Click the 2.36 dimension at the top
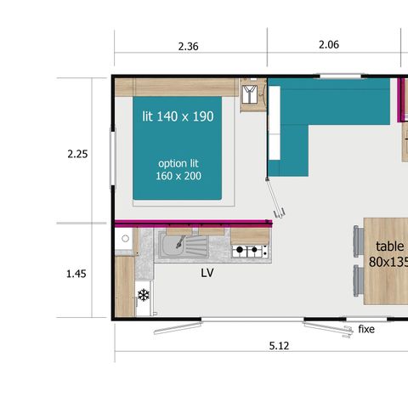click(189, 47)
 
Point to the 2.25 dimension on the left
click(77, 155)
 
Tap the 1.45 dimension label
click(77, 275)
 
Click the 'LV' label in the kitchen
click(207, 274)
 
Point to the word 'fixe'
click(366, 329)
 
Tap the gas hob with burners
click(251, 251)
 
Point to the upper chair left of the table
click(357, 237)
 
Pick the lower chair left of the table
click(357, 278)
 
